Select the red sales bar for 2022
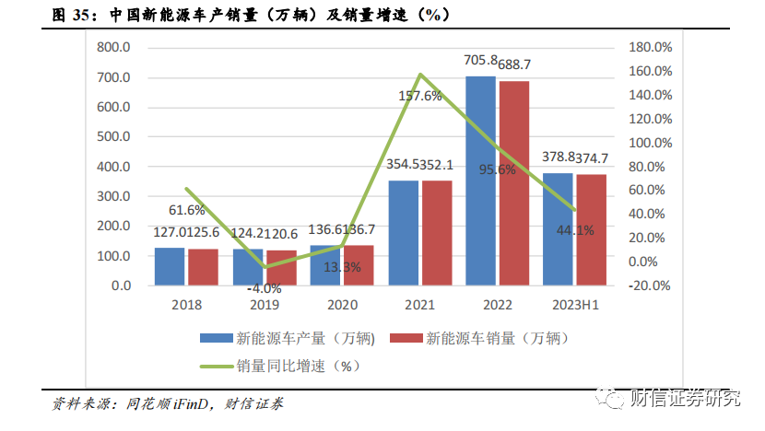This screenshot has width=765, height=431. [x=513, y=183]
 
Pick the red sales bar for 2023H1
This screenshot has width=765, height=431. [x=592, y=230]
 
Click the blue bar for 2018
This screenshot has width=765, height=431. [x=169, y=266]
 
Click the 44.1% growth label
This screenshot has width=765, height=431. [x=575, y=230]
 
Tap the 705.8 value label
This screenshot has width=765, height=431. [x=479, y=61]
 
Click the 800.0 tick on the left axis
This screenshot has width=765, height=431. [x=116, y=47]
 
